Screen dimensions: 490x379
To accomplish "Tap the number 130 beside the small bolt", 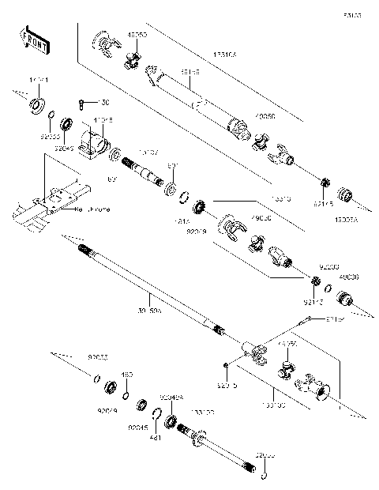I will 106,103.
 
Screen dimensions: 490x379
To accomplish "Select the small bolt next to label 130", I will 84,103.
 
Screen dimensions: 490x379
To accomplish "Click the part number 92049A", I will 172,397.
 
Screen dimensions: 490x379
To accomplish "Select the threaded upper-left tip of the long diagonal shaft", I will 84,250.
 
